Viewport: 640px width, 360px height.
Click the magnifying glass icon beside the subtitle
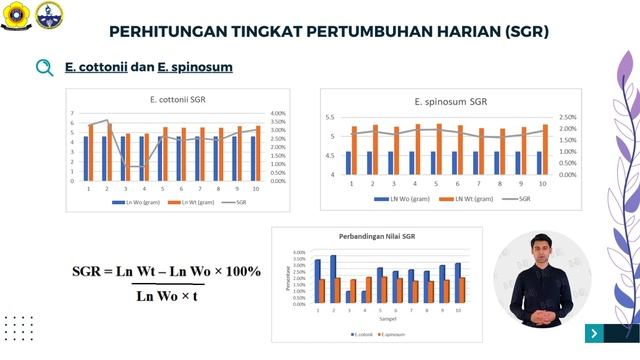44,68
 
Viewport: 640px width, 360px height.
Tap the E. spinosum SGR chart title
450,101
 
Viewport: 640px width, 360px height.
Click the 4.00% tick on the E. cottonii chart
279,114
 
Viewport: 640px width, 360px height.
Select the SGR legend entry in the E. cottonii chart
241,201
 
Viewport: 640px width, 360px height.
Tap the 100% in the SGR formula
239,271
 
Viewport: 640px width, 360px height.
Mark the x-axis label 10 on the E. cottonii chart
255,188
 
